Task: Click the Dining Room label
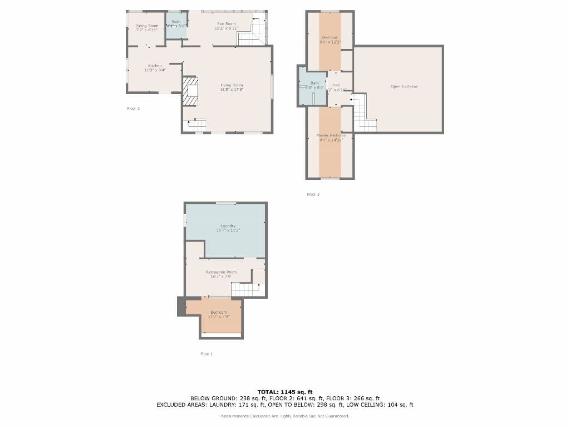(147, 26)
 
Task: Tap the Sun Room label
(227, 24)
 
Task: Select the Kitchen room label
(155, 66)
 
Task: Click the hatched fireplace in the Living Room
(190, 91)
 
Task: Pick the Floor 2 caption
(134, 109)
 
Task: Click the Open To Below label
(404, 86)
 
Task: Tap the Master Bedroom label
(331, 135)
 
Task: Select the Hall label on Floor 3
(336, 85)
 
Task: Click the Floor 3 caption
(313, 194)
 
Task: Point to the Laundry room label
(228, 226)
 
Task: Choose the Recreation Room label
(222, 272)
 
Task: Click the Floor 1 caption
(207, 354)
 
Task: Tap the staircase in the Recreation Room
(245, 289)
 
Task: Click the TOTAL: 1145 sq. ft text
(284, 391)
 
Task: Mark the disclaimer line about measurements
(284, 416)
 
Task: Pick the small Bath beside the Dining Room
(176, 26)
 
